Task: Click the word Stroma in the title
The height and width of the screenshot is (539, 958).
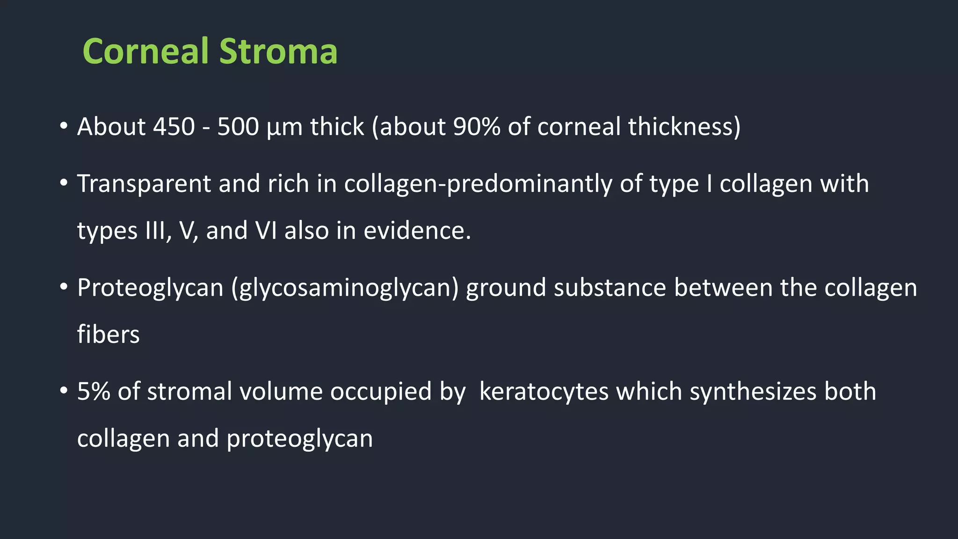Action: click(x=278, y=51)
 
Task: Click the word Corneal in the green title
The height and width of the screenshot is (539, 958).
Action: click(x=145, y=51)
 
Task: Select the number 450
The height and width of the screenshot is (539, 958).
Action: click(x=174, y=127)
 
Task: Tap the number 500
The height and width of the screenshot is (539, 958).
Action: click(x=238, y=127)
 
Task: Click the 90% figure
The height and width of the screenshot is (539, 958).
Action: click(x=477, y=127)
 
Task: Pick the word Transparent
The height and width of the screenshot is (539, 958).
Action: click(x=144, y=183)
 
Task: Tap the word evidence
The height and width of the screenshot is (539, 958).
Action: click(x=417, y=231)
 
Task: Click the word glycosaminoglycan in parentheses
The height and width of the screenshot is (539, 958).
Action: click(x=345, y=288)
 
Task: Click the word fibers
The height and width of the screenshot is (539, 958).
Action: click(x=108, y=335)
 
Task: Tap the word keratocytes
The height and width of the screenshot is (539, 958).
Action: click(x=544, y=392)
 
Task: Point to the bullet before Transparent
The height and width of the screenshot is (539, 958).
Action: click(x=64, y=183)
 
